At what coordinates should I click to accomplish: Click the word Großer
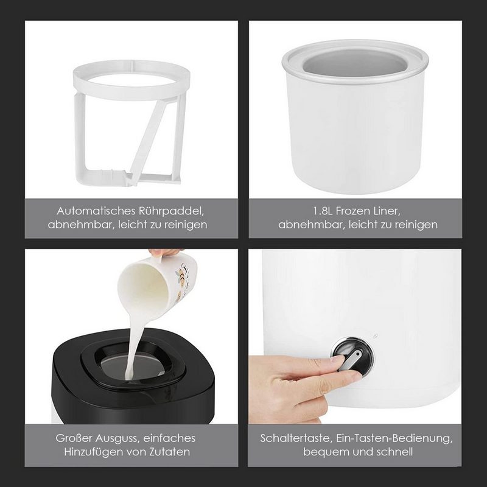74,438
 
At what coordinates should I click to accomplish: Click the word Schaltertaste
296,438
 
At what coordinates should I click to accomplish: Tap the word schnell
394,452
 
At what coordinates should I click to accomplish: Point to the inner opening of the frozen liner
355,65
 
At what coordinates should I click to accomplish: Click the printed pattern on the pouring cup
183,276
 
